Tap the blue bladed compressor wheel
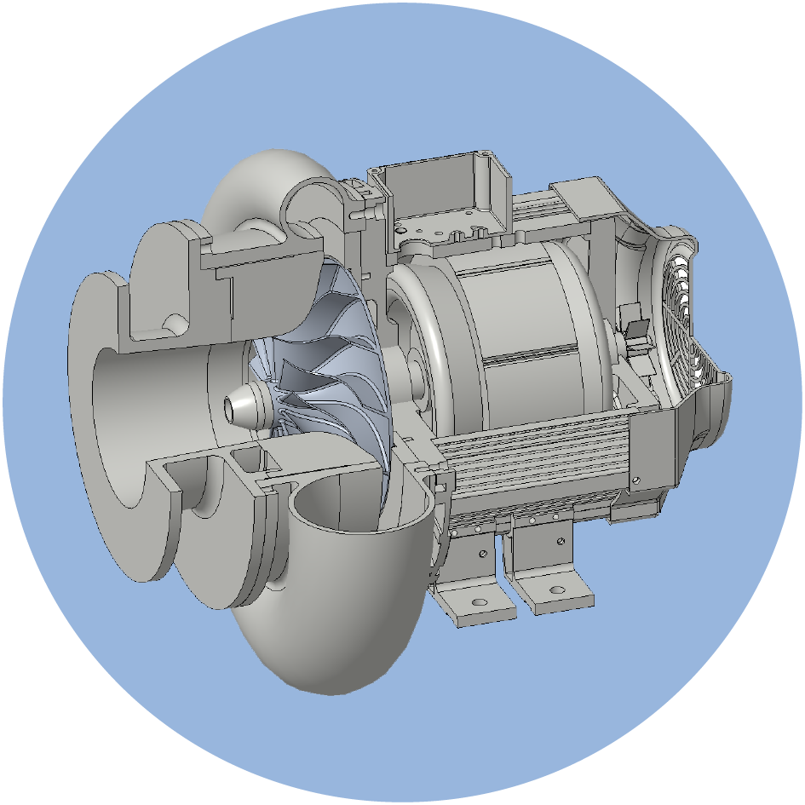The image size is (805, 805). [x=328, y=358]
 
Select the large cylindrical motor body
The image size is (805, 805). [x=520, y=332]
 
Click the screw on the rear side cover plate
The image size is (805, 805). [x=635, y=480]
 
